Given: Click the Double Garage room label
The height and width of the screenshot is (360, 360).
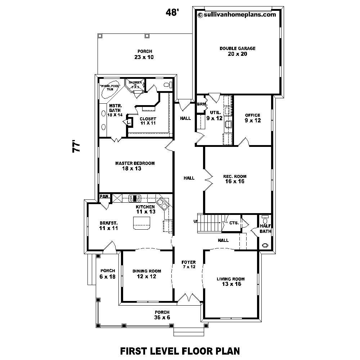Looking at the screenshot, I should click(238, 51).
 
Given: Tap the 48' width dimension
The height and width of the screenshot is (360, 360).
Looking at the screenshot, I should click(172, 13).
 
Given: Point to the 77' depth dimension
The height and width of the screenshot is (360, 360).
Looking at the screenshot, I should click(76, 148).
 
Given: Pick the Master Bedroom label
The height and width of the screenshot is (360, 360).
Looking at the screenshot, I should click(135, 166).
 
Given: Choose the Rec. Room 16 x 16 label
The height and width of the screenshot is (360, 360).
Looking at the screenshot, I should click(234, 179).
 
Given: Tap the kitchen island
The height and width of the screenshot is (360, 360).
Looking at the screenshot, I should click(141, 225).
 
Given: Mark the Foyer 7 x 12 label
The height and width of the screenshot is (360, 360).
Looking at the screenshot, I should click(189, 264).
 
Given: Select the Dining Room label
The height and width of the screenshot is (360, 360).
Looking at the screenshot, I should click(147, 274).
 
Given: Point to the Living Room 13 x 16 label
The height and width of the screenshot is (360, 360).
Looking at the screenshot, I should click(231, 282).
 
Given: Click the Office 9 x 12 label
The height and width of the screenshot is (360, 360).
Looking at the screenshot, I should click(252, 118).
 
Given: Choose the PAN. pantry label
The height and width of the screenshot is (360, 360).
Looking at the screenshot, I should click(104, 197).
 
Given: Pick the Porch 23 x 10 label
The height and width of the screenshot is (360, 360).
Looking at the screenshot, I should click(144, 54).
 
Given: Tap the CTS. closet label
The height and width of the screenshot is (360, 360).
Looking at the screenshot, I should click(234, 223).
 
